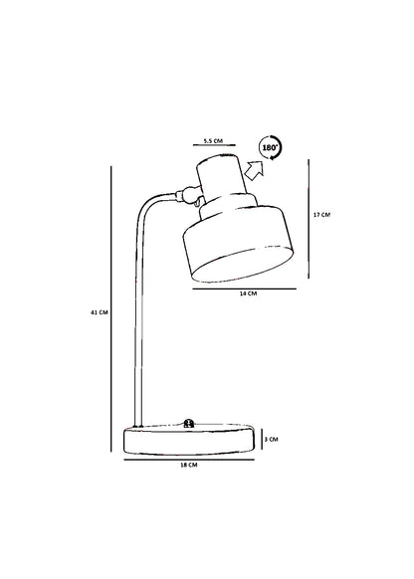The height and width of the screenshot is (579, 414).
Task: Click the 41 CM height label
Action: point(99,312)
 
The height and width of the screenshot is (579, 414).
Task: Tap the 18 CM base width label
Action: point(189,465)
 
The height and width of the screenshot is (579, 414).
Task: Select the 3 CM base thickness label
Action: point(271,439)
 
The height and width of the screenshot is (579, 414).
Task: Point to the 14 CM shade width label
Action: point(248,293)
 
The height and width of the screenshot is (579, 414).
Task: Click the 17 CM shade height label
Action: point(321,215)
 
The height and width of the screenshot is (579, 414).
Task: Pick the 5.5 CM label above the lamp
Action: point(213,140)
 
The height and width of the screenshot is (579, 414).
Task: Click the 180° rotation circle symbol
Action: point(270,147)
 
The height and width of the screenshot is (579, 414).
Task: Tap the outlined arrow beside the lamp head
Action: point(255,170)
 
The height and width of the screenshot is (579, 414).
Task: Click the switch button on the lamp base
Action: point(189,423)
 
